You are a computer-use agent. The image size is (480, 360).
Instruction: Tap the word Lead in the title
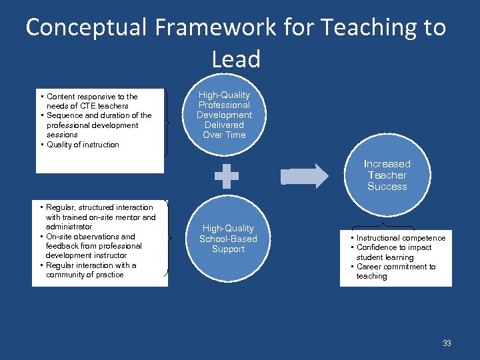[x=235, y=59]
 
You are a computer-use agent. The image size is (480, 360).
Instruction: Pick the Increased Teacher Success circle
[x=387, y=175]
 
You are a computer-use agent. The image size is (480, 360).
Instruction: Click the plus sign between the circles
[x=227, y=175]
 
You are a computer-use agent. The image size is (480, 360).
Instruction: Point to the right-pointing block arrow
[x=305, y=176]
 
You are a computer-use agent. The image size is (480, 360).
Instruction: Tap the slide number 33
[x=447, y=343]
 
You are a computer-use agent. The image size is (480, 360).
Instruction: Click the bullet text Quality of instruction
[x=83, y=145]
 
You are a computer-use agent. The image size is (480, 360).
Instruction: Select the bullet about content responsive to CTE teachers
[x=91, y=101]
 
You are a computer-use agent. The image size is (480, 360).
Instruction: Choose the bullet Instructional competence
[x=401, y=238]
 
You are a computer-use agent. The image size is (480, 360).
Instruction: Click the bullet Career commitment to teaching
[x=395, y=271]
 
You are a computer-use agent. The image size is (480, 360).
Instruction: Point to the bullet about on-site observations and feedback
[x=93, y=246]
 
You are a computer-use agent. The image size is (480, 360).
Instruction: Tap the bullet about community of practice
[x=91, y=270]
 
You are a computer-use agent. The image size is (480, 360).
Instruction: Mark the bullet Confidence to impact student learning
[x=393, y=252]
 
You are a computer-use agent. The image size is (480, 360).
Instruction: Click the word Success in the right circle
[x=387, y=187]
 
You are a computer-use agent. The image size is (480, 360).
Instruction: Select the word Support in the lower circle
[x=228, y=249]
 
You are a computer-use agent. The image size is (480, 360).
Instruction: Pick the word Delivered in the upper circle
[x=224, y=125]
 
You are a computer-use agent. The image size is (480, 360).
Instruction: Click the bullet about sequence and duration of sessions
[x=98, y=125]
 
